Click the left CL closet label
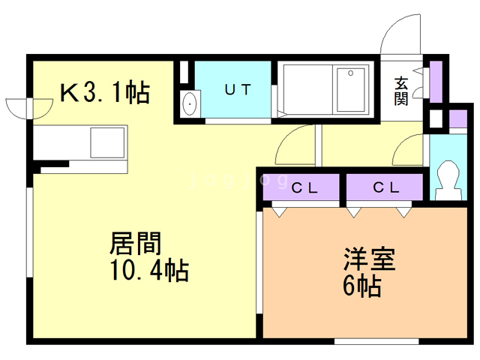coord(304,187)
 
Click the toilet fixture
coord(449,180)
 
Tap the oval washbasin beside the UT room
coord(188,104)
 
